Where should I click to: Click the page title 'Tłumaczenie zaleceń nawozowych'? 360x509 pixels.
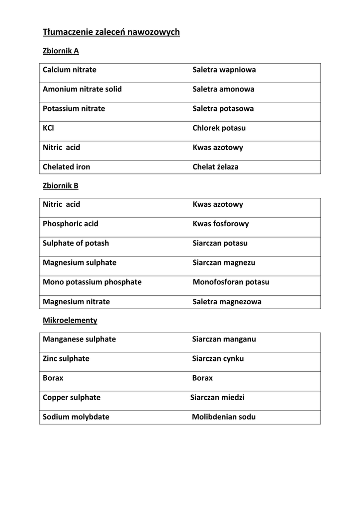(111, 32)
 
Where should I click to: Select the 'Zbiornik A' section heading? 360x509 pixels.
(61, 51)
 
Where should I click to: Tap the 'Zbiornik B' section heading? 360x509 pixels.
(61, 186)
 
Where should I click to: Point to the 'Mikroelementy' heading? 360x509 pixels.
(70, 321)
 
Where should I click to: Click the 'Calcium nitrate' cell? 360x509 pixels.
(70, 70)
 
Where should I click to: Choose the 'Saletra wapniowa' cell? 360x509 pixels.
(224, 70)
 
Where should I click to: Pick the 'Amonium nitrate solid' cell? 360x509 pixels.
(82, 89)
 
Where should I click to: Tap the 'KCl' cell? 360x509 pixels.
(48, 128)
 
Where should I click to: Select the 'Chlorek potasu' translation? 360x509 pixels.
(219, 128)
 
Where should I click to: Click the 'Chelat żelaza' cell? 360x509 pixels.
(215, 167)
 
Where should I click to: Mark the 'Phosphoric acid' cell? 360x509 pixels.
(71, 224)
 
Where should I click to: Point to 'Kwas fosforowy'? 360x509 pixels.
(221, 224)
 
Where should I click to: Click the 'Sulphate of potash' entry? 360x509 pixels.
(76, 244)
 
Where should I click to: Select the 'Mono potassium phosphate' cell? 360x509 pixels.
(92, 282)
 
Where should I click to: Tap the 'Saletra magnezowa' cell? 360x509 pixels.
(227, 302)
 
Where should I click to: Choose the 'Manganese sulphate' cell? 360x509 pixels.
(79, 339)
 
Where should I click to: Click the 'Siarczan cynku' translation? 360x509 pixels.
(218, 359)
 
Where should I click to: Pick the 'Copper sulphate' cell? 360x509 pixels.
(72, 398)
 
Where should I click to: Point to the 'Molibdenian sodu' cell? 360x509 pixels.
(224, 417)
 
